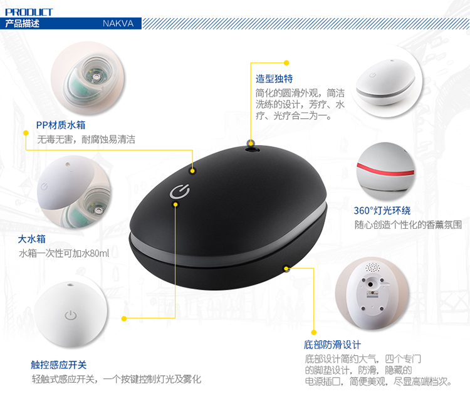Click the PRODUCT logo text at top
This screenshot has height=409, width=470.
(29, 12)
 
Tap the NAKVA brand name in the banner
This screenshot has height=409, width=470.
(118, 23)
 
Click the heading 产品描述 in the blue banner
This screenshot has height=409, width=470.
(23, 23)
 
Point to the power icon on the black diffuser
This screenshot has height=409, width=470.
(179, 191)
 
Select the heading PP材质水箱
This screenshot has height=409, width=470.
(61, 125)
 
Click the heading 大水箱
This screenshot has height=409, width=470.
(32, 239)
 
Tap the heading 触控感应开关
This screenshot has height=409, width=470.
(59, 365)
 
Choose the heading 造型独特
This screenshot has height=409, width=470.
(274, 79)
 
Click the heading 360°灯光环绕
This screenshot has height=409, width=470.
(382, 211)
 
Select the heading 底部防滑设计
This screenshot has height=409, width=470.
(332, 345)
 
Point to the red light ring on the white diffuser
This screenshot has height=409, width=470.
(385, 170)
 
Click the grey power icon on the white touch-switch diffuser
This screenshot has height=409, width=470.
(71, 315)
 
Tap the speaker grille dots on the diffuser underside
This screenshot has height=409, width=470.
(372, 267)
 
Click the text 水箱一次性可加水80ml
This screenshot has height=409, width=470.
(64, 254)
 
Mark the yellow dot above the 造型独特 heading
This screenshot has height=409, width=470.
(286, 63)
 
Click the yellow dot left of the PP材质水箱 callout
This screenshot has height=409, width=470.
(26, 133)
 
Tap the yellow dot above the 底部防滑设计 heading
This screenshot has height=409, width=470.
(314, 333)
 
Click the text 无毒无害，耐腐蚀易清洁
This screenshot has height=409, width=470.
(86, 139)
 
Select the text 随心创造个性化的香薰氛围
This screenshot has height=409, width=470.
(408, 225)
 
